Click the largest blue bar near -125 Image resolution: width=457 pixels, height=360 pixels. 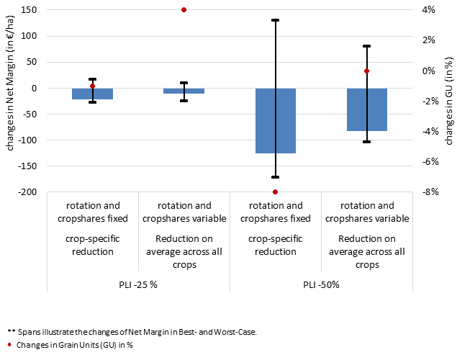276,121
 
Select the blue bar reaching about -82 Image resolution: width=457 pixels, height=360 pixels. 367,109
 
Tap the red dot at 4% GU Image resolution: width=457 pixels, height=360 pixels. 184,10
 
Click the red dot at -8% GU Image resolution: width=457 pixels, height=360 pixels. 275,192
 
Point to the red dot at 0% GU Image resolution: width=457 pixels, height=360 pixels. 366,71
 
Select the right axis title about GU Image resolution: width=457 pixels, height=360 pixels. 448,101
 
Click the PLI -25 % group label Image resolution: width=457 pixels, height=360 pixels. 138,284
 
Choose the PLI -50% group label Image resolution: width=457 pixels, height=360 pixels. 321,284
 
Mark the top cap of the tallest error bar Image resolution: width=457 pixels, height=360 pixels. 275,20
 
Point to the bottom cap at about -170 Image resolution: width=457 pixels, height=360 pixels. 275,177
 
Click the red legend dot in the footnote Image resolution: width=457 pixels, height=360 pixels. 9,345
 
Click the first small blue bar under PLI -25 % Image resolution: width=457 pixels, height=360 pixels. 92,94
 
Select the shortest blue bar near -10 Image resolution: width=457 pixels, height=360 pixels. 184,91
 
